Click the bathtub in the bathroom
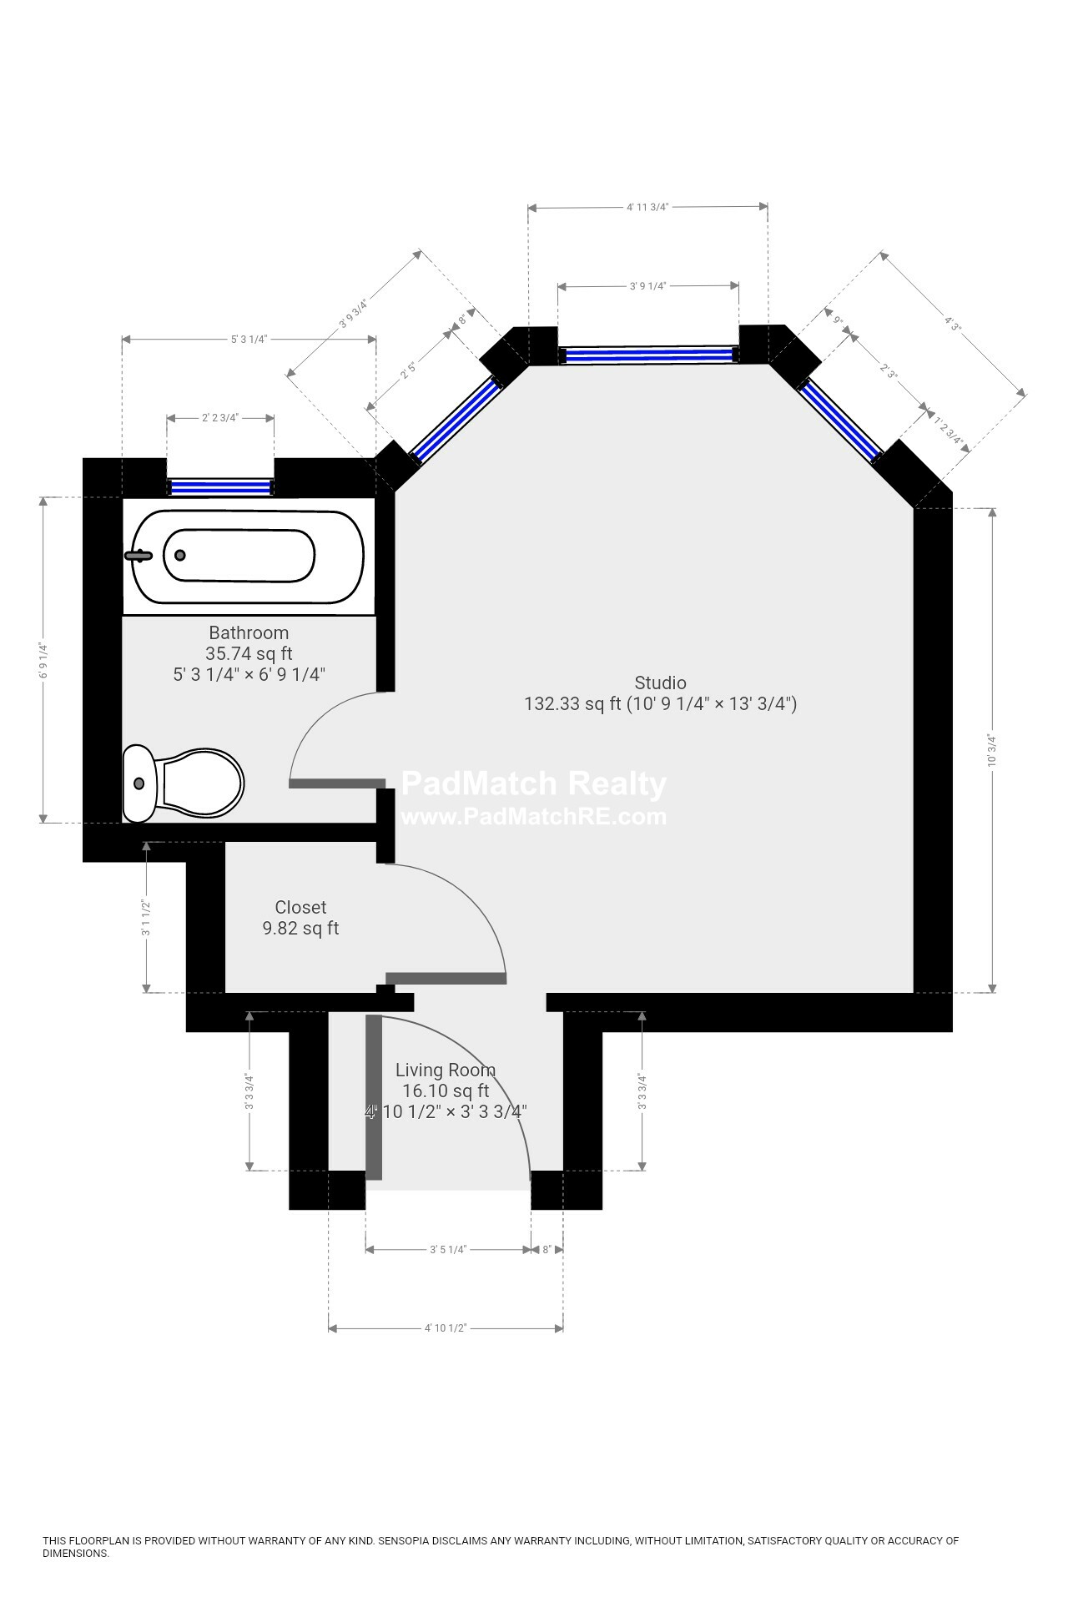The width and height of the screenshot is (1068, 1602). (x=248, y=557)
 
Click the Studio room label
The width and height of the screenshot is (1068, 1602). (x=660, y=683)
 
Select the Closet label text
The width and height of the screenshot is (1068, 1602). (x=300, y=907)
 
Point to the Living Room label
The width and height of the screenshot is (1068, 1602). (x=445, y=1070)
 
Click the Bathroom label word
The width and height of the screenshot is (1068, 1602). (x=249, y=632)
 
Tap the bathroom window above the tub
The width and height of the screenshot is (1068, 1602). (x=220, y=486)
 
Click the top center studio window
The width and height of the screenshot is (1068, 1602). (x=648, y=355)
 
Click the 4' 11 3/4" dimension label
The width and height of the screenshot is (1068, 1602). (x=647, y=207)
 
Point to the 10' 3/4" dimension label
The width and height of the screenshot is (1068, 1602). (x=992, y=750)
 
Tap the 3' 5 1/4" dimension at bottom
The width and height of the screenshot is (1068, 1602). (x=448, y=1249)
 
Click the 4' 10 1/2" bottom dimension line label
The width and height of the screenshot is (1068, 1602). (x=445, y=1327)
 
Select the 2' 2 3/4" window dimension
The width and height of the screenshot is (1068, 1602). (x=220, y=417)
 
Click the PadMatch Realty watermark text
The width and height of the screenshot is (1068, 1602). (x=534, y=784)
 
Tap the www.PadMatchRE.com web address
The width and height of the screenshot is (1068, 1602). (x=534, y=816)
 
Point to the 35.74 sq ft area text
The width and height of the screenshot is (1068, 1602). (x=249, y=653)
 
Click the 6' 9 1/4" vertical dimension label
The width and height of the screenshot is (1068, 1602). (x=43, y=659)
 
